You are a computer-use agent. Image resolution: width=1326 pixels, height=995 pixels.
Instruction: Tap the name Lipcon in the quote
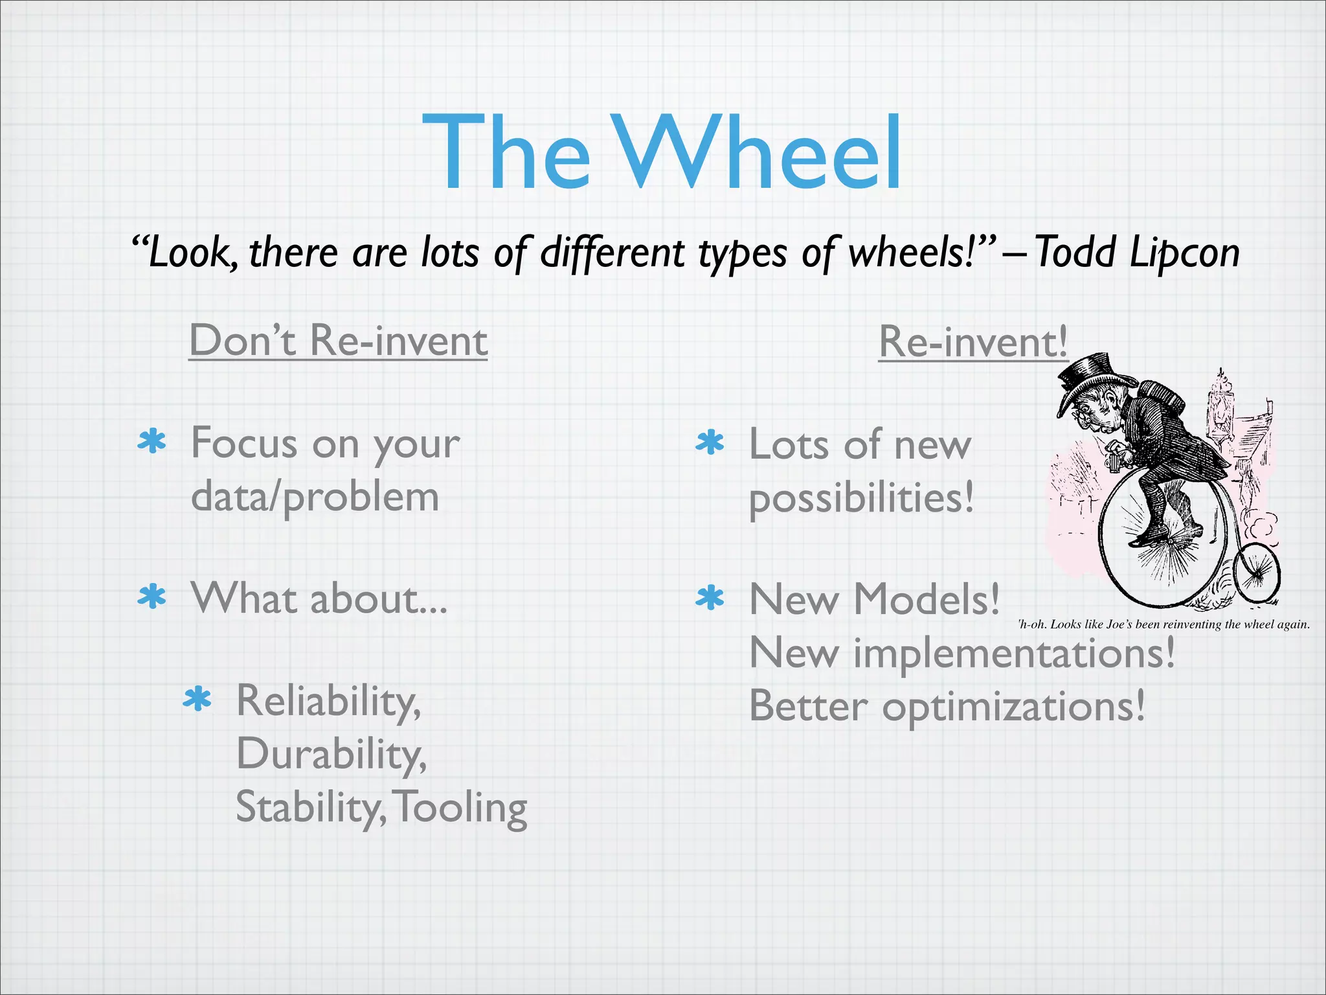(x=1184, y=253)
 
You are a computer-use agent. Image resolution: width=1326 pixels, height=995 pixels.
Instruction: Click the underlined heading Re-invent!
(x=972, y=341)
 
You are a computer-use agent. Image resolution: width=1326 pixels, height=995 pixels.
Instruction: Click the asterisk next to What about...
(x=152, y=597)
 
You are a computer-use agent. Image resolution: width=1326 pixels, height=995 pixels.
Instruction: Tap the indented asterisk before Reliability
(x=197, y=700)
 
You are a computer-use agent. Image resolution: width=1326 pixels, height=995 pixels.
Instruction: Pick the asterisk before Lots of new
(x=710, y=443)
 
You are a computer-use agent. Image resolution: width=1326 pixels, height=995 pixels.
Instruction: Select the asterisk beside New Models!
(x=710, y=598)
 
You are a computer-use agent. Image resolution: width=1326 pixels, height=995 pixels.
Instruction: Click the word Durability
(x=331, y=755)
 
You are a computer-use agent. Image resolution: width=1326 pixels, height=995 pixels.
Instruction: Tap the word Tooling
(x=461, y=808)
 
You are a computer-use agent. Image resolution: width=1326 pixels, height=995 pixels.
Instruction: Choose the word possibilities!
(x=861, y=499)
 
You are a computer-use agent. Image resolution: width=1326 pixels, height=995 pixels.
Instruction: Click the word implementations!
(x=1013, y=653)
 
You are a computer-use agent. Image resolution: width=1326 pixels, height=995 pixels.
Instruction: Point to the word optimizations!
(x=1013, y=707)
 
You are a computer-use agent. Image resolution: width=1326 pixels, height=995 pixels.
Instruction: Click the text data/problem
(x=315, y=497)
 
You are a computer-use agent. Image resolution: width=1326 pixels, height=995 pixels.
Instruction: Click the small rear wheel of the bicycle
(x=1257, y=574)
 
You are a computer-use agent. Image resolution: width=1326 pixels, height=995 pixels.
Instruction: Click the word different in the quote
(x=611, y=253)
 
